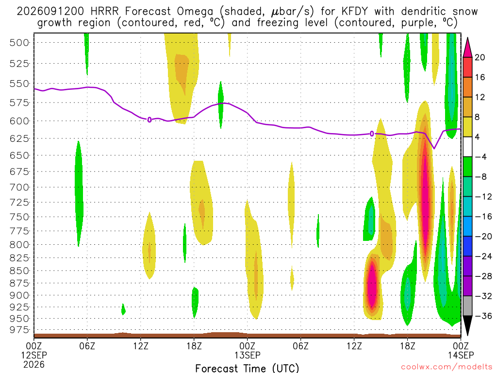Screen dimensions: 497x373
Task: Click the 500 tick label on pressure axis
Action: (x=19, y=43)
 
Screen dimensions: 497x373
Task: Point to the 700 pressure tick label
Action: (x=19, y=187)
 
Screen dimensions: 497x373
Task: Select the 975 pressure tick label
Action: (x=19, y=330)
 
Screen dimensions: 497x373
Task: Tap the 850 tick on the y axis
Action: (x=19, y=271)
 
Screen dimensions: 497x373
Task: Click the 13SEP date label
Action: (x=247, y=355)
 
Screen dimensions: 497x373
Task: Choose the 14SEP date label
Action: (x=461, y=355)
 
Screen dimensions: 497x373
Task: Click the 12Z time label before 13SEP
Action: (x=140, y=345)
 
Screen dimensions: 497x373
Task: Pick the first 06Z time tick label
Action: (x=87, y=345)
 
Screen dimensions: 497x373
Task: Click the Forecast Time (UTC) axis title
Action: (x=247, y=368)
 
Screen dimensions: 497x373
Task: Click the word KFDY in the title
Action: (x=355, y=12)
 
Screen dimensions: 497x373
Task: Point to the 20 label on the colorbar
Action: (x=480, y=57)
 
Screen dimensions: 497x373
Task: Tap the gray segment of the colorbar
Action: (x=467, y=306)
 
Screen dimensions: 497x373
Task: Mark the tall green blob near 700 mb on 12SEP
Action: (x=79, y=193)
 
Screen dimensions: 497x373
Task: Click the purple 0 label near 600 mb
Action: (x=149, y=120)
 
